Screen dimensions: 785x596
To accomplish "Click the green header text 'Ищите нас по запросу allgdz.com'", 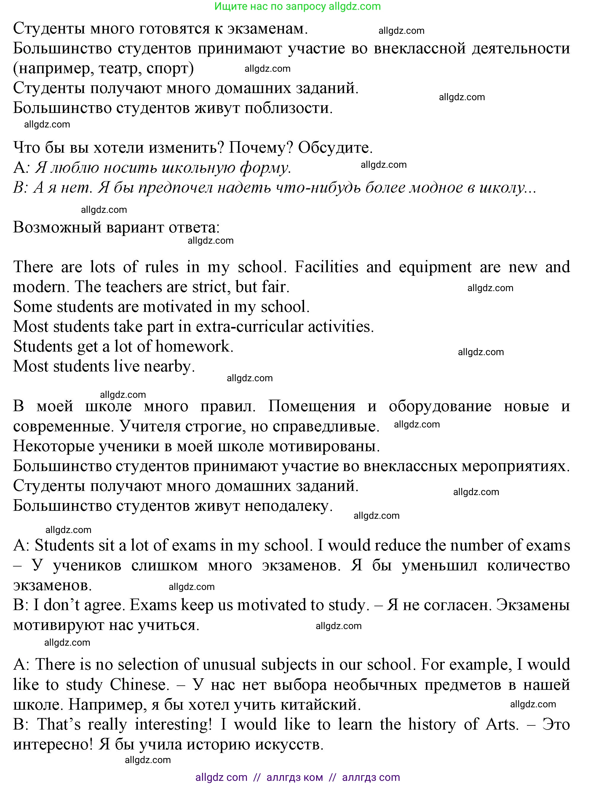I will pyautogui.click(x=297, y=7).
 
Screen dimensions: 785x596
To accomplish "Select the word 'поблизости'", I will pyautogui.click(x=288, y=108).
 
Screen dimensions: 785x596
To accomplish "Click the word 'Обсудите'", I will pyautogui.click(x=335, y=148).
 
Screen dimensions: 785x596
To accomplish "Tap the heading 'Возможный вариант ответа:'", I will pyautogui.click(x=116, y=227).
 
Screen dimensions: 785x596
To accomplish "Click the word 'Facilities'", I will pyautogui.click(x=326, y=267).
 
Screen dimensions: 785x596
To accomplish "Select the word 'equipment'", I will pyautogui.click(x=435, y=267).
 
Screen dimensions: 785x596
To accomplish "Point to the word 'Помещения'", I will pyautogui.click(x=311, y=406).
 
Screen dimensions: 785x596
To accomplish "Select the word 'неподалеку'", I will pyautogui.click(x=288, y=506).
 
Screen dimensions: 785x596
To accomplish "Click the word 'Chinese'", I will pyautogui.click(x=139, y=685).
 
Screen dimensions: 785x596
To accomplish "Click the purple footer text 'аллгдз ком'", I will pyautogui.click(x=295, y=777).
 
